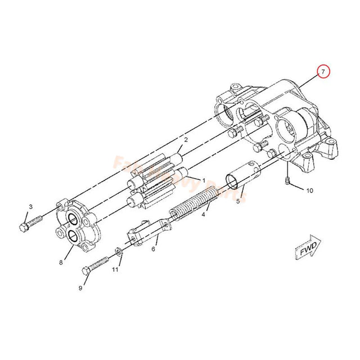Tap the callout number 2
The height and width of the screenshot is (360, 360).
186,139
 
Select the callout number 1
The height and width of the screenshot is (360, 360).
31,207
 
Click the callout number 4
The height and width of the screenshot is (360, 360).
238,200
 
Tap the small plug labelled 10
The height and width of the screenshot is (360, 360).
287,180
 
